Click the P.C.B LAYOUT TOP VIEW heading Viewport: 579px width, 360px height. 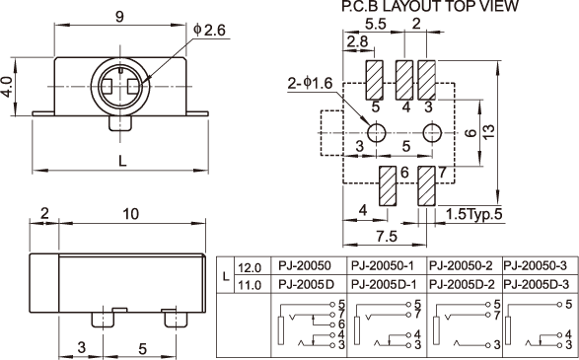click(x=430, y=6)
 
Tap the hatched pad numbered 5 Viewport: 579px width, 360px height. click(x=375, y=80)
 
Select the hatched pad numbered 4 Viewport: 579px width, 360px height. click(x=404, y=80)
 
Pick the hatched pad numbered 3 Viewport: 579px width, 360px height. click(x=426, y=80)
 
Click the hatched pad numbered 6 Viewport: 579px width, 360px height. click(x=388, y=185)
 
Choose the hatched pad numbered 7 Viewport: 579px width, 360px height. click(x=426, y=185)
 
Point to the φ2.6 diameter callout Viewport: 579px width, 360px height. click(x=209, y=30)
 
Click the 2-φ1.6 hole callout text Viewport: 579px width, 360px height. click(x=310, y=83)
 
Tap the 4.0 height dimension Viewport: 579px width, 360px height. click(x=8, y=87)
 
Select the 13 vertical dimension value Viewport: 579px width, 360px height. click(x=488, y=131)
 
